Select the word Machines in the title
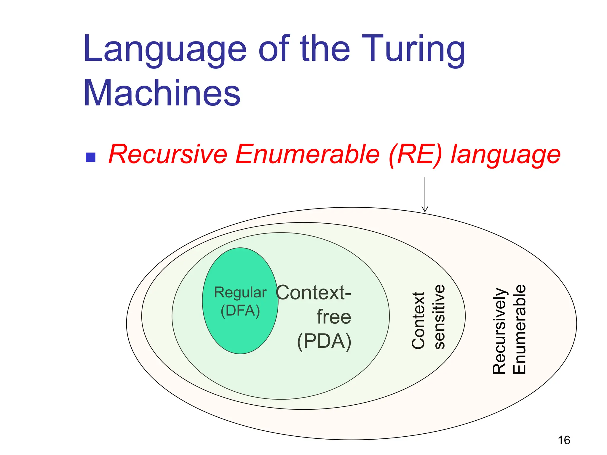162,93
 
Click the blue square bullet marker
90,157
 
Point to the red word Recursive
168,154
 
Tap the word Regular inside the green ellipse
240,293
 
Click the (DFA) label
240,311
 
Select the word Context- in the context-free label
313,293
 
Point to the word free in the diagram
334,317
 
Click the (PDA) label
324,341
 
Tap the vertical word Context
418,320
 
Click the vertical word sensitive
439,317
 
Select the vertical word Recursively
499,331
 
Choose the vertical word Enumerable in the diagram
519,329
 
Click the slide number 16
564,440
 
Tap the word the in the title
325,49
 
